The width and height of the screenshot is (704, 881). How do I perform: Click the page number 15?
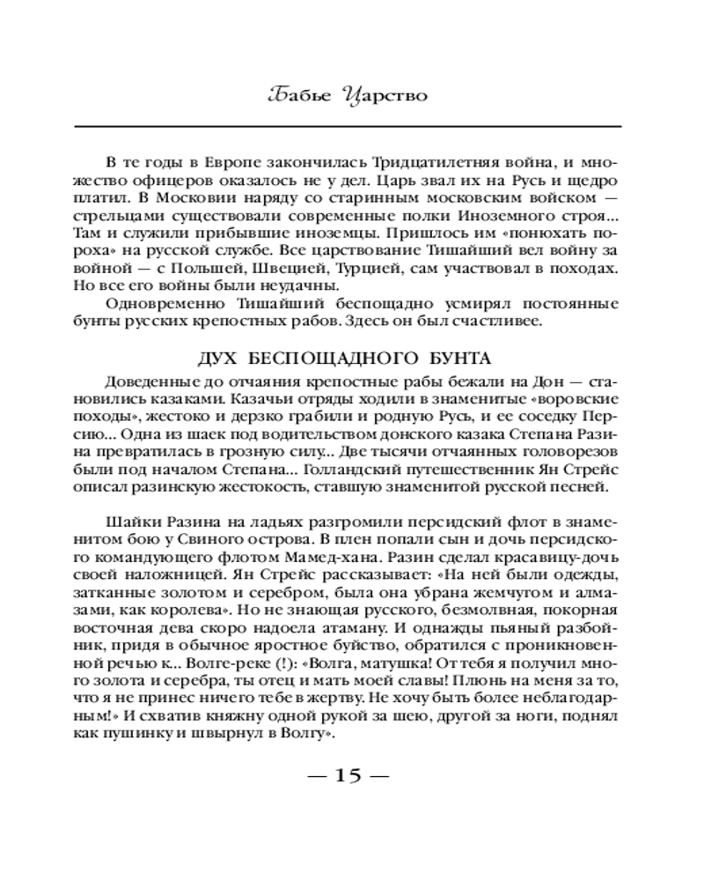(x=349, y=776)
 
